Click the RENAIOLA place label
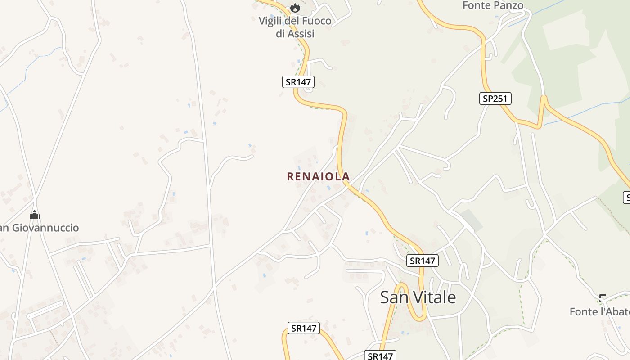click(318, 176)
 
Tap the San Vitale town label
click(418, 297)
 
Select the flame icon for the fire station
click(295, 8)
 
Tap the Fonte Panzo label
click(493, 5)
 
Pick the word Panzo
click(508, 5)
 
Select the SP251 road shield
click(495, 99)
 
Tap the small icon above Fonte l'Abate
click(602, 298)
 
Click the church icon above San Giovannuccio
click(35, 215)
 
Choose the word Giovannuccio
click(45, 228)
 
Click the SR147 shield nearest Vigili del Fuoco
click(298, 82)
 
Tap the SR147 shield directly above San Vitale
click(422, 260)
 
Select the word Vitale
click(435, 297)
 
